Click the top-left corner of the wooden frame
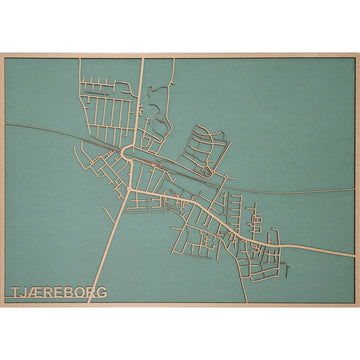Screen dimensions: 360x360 [2, 54]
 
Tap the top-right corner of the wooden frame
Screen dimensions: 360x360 [358, 54]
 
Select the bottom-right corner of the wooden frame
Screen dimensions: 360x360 [358, 306]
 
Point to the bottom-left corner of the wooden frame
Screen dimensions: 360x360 [2, 306]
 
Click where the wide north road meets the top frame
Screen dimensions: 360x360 [142, 57]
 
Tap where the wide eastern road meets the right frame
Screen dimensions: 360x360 [355, 244]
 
